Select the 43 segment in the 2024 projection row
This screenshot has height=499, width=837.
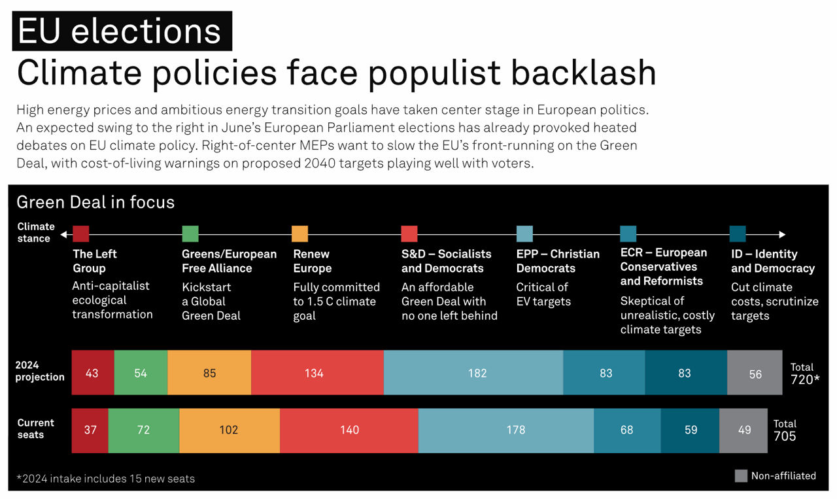click(x=93, y=373)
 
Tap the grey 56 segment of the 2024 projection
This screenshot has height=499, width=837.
click(x=755, y=373)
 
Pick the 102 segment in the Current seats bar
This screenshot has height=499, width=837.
click(x=230, y=430)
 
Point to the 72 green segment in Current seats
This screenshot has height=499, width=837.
click(x=143, y=430)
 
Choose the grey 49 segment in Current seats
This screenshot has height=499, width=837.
click(x=743, y=430)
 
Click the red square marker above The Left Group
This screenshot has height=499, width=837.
click(x=81, y=233)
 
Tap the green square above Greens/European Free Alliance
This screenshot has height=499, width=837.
click(x=190, y=233)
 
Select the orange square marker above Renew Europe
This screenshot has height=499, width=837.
click(x=299, y=233)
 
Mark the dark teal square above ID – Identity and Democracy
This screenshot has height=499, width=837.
click(x=738, y=233)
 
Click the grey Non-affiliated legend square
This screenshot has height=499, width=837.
click(x=741, y=475)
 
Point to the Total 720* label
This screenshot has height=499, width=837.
click(x=804, y=373)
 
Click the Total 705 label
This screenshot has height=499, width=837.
click(x=785, y=430)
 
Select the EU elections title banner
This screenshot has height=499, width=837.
click(x=122, y=31)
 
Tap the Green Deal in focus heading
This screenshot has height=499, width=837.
click(x=95, y=202)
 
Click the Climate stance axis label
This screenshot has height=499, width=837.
click(x=35, y=232)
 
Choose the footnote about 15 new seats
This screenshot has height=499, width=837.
click(x=105, y=478)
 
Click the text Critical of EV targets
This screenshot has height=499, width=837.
click(x=543, y=294)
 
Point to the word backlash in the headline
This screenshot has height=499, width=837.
click(x=583, y=73)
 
